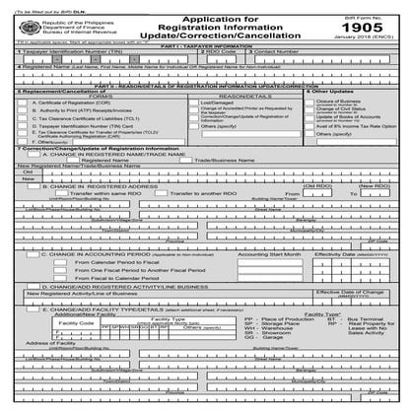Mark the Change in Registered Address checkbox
pos(27,212)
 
